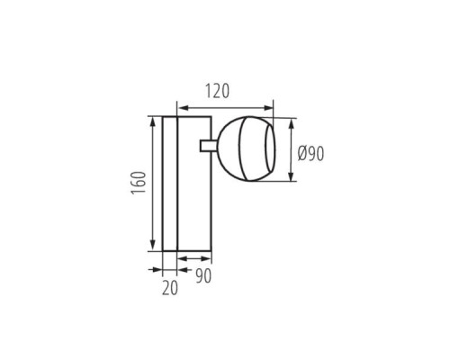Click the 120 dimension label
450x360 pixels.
tap(218, 91)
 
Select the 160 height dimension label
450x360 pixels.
tap(139, 183)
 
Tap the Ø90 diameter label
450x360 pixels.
tap(310, 154)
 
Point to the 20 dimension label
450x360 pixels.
tap(170, 288)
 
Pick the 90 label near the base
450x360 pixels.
tap(203, 276)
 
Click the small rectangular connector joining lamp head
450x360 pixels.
tap(208, 146)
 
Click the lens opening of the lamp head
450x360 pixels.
tap(269, 149)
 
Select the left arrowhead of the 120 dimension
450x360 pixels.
tap(183, 108)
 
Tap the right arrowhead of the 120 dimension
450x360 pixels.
tap(267, 108)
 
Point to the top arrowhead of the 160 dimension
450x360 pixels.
tap(153, 123)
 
